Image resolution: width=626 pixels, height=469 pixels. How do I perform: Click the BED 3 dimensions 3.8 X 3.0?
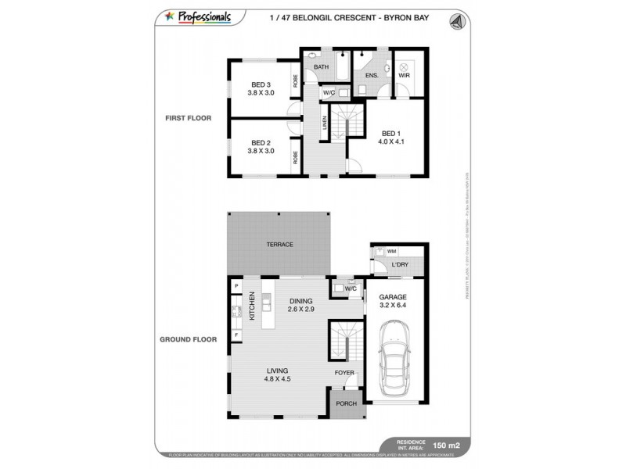[261, 93]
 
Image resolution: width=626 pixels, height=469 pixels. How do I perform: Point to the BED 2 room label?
[261, 143]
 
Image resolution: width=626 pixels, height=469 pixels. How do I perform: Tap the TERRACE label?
[279, 245]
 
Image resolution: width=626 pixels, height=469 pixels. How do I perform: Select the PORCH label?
[346, 404]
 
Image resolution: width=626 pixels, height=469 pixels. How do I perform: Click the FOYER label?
[345, 372]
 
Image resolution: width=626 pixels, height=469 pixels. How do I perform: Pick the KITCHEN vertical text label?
[253, 306]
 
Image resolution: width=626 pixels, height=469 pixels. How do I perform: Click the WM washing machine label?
[391, 252]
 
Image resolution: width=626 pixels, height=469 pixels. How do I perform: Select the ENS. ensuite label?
[372, 75]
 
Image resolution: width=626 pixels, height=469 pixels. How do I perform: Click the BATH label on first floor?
[321, 67]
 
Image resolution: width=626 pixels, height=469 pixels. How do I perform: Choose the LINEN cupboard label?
[325, 124]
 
